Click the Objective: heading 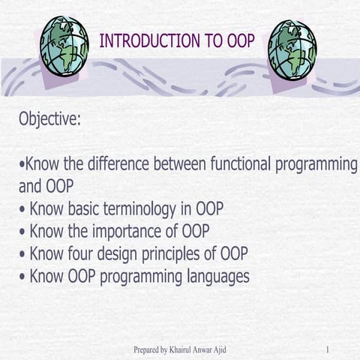[49, 119]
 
